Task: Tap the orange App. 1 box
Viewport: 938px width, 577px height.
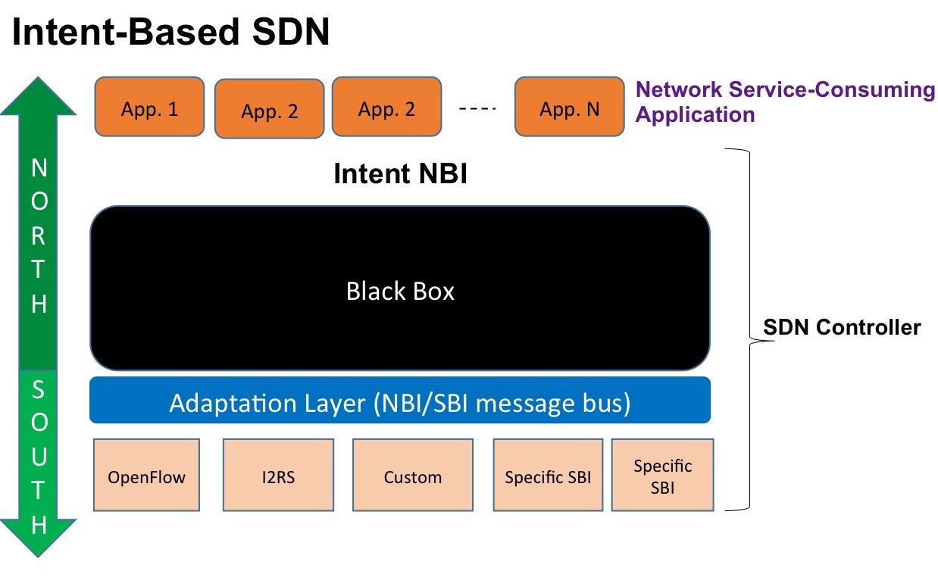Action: click(149, 108)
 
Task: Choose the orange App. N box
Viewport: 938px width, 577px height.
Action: click(569, 108)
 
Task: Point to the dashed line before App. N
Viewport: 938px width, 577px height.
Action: click(477, 109)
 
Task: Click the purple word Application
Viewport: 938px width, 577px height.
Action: click(695, 115)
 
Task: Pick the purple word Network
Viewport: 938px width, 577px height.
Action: click(679, 90)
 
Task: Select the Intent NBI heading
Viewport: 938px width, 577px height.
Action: click(400, 174)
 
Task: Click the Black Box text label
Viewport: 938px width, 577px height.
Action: click(400, 292)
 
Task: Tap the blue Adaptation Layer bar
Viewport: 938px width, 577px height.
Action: click(400, 402)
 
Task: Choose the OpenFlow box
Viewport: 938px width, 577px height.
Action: click(146, 477)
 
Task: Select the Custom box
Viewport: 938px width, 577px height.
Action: click(412, 477)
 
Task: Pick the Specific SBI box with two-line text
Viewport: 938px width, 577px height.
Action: click(662, 477)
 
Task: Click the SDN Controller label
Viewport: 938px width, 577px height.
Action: click(841, 327)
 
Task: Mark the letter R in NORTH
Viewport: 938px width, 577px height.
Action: click(39, 235)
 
